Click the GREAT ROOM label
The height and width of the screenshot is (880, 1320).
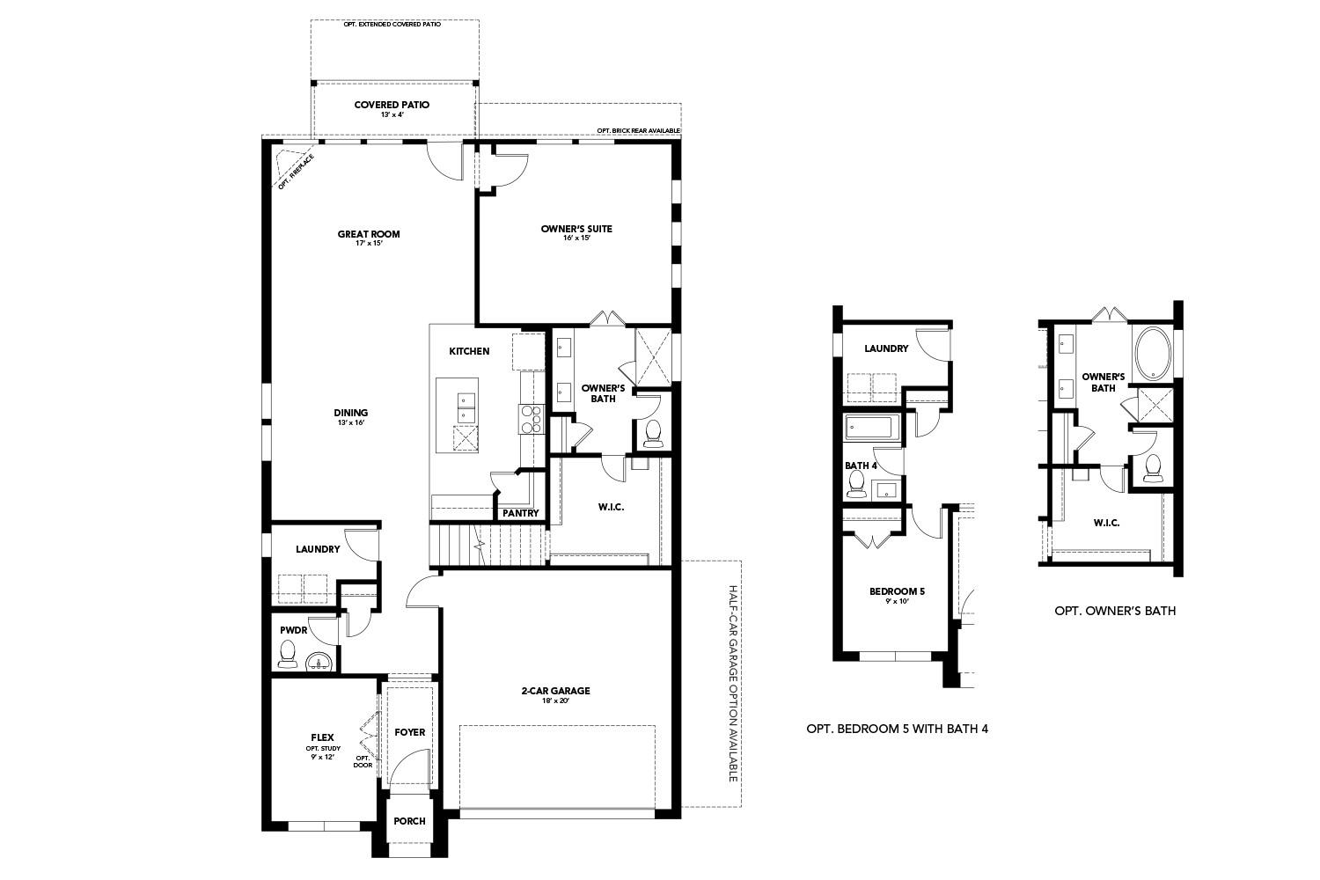click(x=369, y=234)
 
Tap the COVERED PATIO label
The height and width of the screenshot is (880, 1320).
click(x=392, y=105)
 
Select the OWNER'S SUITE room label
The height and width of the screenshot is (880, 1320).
click(x=576, y=229)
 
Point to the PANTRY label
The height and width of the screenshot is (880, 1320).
click(x=520, y=514)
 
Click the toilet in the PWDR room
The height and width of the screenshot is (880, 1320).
click(x=286, y=653)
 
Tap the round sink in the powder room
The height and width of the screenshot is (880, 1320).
click(x=319, y=660)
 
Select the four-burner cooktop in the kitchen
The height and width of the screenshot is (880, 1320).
click(x=532, y=419)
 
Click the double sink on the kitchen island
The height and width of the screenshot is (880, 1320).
click(x=466, y=407)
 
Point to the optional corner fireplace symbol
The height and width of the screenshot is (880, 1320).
click(x=289, y=167)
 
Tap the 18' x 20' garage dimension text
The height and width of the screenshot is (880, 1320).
click(x=555, y=701)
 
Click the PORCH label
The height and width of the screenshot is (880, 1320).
click(x=409, y=821)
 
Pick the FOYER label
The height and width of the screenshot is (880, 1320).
click(x=409, y=732)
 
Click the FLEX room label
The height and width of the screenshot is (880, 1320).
click(x=322, y=737)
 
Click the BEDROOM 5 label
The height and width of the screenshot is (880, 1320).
click(x=897, y=591)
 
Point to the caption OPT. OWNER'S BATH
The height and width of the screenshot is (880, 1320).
click(x=1114, y=610)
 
